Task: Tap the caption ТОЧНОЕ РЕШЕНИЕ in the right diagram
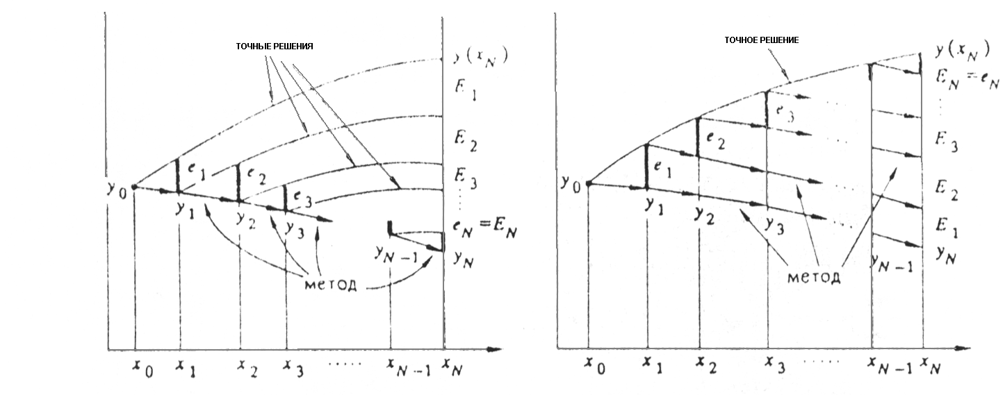tap(761, 40)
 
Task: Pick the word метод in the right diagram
tap(814, 277)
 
